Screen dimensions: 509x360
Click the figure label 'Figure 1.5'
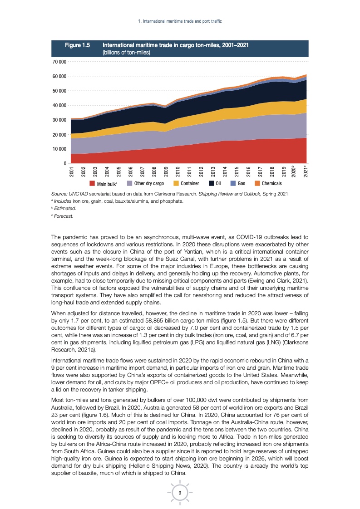click(78, 45)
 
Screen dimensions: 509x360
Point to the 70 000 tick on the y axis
click(59, 62)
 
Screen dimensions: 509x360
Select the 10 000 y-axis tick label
click(59, 149)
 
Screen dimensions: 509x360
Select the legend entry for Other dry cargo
click(149, 184)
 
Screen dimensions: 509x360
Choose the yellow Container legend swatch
click(177, 184)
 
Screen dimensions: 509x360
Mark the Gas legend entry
click(242, 184)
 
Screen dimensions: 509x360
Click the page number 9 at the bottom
click(180, 493)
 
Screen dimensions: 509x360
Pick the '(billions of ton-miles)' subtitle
click(127, 52)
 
